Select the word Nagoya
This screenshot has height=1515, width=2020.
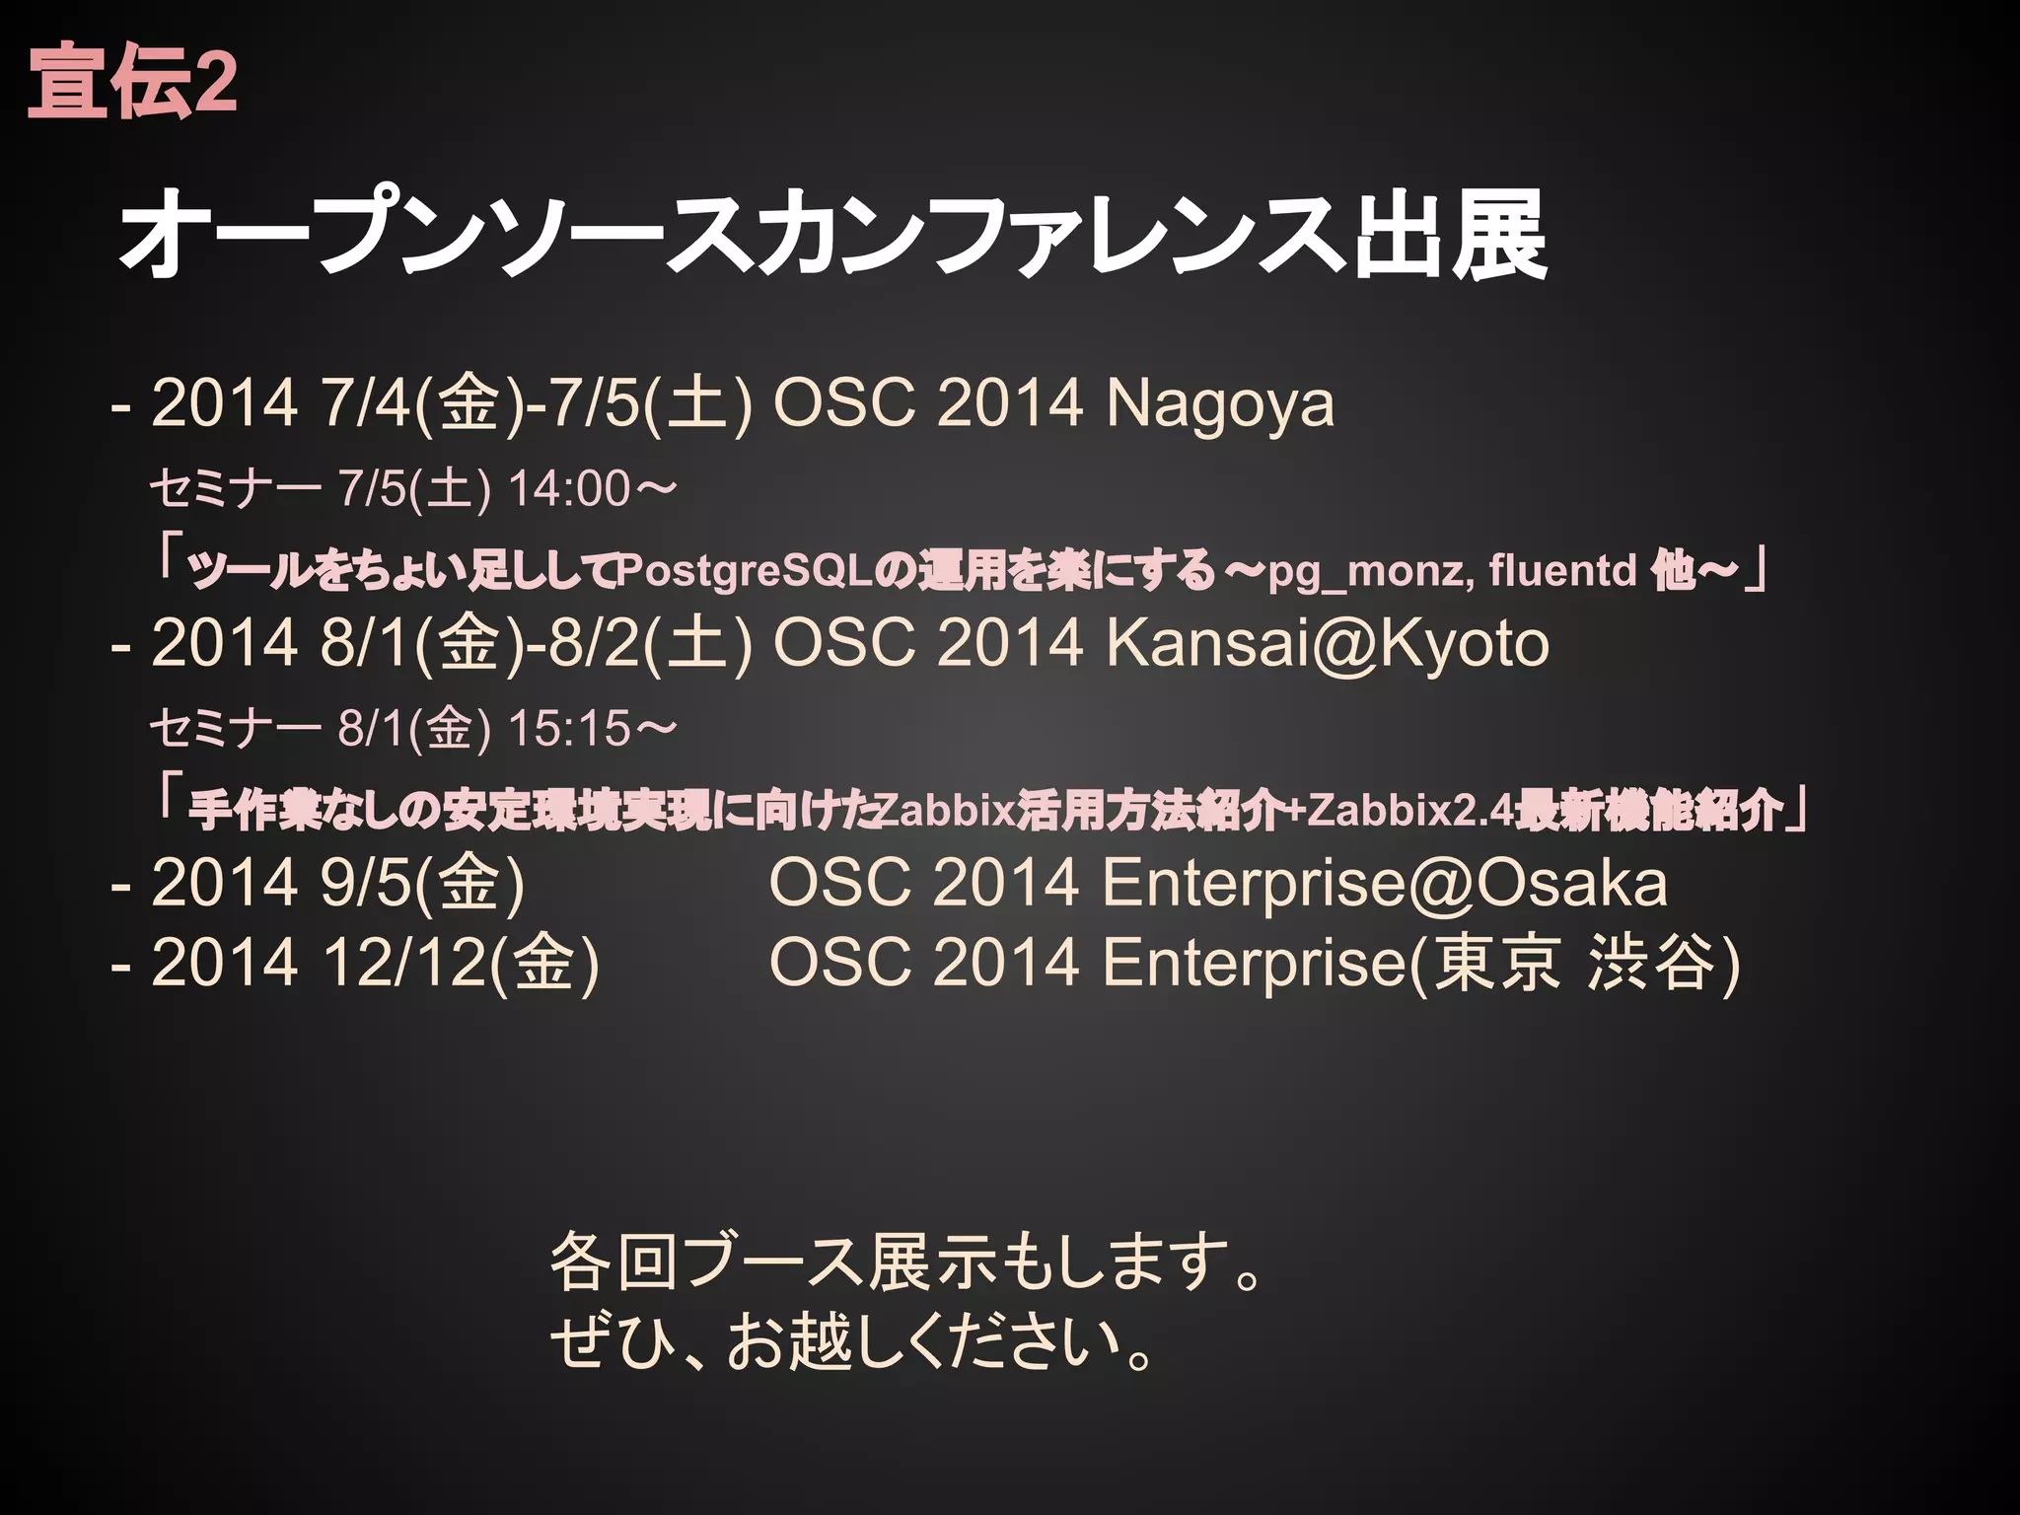(1220, 403)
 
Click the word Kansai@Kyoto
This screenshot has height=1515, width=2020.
(1327, 643)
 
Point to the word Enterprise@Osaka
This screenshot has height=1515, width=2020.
(1384, 882)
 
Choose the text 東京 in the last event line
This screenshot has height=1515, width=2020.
(1496, 963)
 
